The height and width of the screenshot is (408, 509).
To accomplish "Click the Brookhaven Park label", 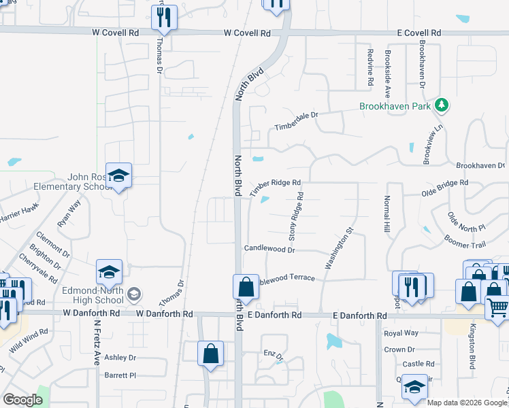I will click(x=396, y=107).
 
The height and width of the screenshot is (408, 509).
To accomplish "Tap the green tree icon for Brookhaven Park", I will click(x=442, y=105).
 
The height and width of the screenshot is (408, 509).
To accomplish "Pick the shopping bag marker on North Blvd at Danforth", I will click(x=246, y=286).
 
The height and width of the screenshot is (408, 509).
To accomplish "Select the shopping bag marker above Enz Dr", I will click(x=210, y=353).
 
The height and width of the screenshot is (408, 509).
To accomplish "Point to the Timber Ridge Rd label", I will click(x=275, y=187).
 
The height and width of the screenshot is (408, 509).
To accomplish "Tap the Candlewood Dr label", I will click(x=269, y=250).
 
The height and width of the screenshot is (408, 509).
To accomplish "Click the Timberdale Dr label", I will click(x=296, y=121).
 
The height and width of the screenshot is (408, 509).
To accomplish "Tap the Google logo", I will click(x=22, y=400).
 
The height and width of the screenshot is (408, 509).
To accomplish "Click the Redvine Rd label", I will click(x=370, y=67).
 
